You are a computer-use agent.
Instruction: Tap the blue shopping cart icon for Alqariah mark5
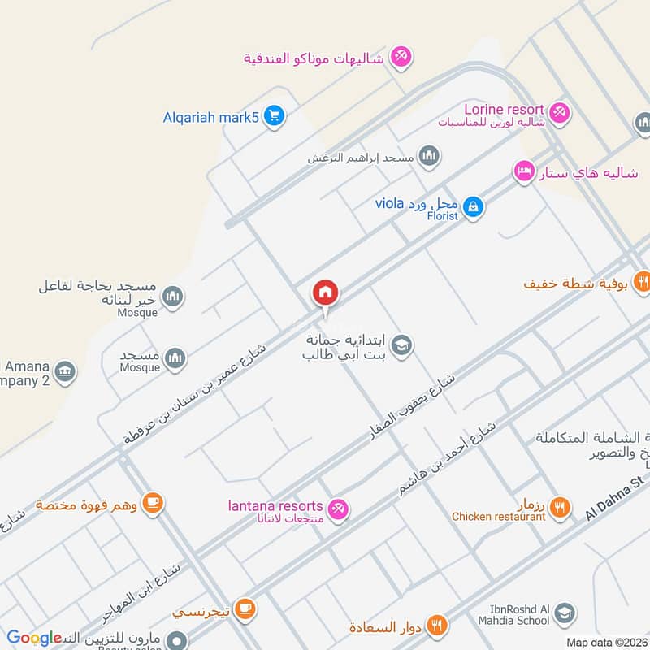click(275, 116)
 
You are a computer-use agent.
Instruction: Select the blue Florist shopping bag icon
click(474, 208)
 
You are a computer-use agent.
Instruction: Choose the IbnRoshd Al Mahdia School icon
click(566, 613)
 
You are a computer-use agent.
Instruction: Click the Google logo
click(34, 638)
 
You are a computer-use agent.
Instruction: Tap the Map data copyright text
click(605, 642)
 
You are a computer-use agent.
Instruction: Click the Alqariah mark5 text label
click(210, 117)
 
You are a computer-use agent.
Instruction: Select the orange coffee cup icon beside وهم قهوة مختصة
click(152, 504)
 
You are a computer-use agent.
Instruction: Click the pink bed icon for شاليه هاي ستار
click(524, 171)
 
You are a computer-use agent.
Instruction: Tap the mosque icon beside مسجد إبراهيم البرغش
click(430, 156)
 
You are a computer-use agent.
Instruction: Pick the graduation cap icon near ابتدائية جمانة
click(401, 347)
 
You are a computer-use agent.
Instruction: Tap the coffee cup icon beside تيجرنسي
click(246, 608)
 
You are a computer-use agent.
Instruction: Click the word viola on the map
click(390, 202)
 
